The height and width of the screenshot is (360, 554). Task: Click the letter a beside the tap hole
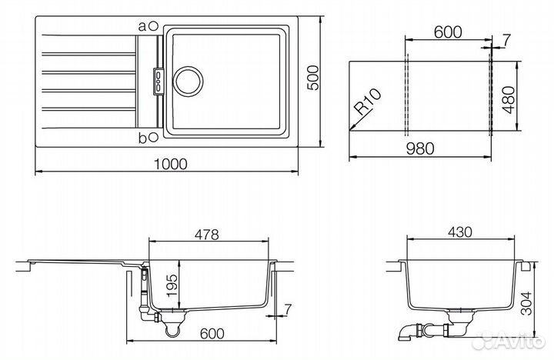tap(142, 25)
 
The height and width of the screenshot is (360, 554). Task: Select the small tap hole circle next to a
tap(154, 25)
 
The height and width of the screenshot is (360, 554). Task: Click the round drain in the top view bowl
tap(189, 80)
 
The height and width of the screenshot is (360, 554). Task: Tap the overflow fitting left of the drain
tap(159, 80)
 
